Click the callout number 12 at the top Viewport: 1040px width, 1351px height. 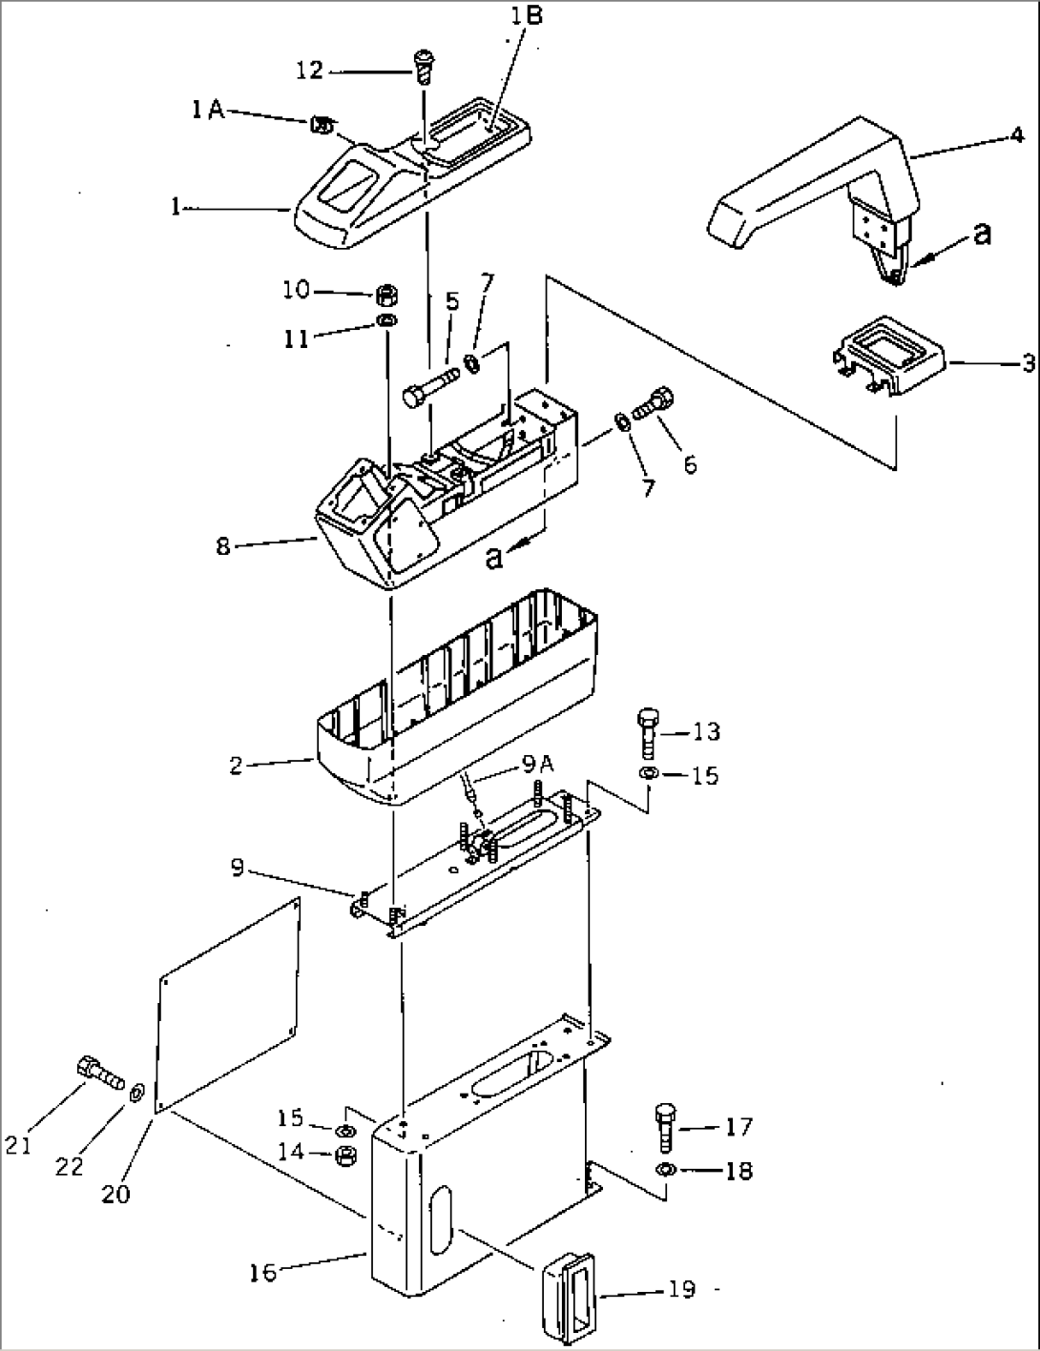click(x=309, y=70)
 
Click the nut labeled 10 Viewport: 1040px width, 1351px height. click(x=387, y=292)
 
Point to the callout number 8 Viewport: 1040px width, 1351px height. click(x=223, y=547)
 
